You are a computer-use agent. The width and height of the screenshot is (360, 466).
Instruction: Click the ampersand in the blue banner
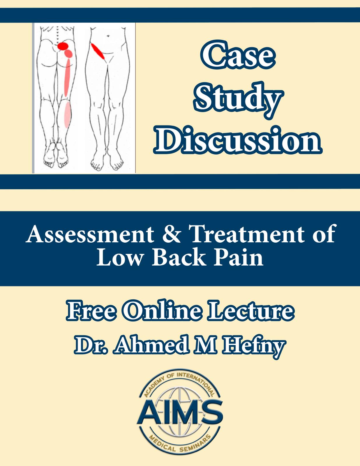click(x=174, y=234)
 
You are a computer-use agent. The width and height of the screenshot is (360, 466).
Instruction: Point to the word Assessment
click(x=90, y=234)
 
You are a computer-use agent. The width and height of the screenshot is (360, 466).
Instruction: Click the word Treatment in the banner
click(x=247, y=234)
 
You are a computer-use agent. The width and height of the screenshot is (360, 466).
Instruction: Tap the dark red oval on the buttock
click(x=63, y=46)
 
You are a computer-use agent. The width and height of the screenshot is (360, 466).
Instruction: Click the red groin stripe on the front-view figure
click(x=98, y=51)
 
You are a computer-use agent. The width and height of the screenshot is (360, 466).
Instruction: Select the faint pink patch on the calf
click(x=67, y=114)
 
